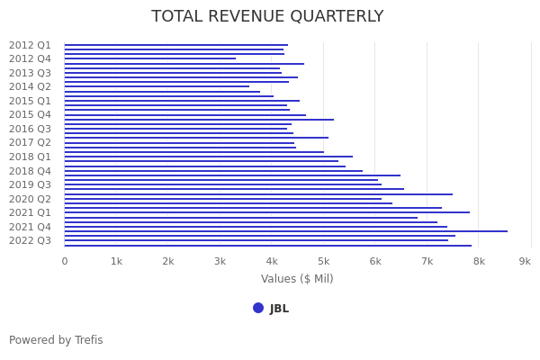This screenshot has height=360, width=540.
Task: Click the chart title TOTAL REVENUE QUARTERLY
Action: (x=267, y=17)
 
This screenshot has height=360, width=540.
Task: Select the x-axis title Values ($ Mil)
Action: (x=297, y=279)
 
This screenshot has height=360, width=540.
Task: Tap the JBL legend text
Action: (x=279, y=309)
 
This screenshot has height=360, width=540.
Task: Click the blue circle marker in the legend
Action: (x=258, y=308)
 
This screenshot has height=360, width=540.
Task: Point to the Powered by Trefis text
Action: (x=56, y=340)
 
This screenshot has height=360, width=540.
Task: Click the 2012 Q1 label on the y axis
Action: (x=30, y=45)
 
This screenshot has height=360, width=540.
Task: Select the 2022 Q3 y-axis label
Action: (x=30, y=240)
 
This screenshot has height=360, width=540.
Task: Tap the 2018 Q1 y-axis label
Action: (x=30, y=157)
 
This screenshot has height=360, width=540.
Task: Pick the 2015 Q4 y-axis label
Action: (x=30, y=115)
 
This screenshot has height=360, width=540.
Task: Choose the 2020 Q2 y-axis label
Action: (x=30, y=199)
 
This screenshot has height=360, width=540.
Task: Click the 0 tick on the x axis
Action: (x=64, y=261)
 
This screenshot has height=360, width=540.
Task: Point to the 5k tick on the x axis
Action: (x=323, y=261)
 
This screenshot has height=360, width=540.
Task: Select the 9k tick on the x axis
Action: (x=525, y=261)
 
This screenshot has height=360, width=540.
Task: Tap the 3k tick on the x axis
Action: (x=220, y=261)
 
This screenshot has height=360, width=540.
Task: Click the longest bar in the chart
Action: (x=285, y=231)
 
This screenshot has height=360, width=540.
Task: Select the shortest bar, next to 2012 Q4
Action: (x=149, y=58)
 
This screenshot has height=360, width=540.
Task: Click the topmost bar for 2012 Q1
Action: (x=175, y=45)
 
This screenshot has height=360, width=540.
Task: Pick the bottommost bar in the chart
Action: (x=267, y=245)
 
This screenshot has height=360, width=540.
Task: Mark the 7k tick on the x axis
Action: (x=427, y=261)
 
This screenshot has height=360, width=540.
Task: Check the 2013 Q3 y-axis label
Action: (x=30, y=73)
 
